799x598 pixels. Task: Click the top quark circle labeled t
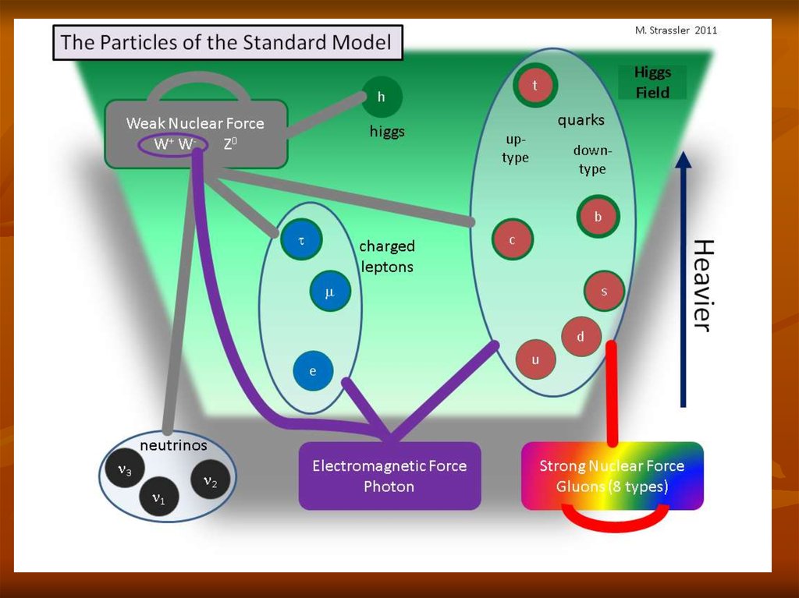coord(535,86)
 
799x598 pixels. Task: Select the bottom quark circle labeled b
coord(598,217)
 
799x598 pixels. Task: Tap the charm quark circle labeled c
coord(513,239)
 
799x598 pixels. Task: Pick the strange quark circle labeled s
coord(604,292)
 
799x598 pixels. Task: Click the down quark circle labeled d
coord(581,337)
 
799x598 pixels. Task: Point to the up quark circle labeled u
coord(535,359)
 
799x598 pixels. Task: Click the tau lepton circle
coord(301,241)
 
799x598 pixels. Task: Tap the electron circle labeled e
coord(313,371)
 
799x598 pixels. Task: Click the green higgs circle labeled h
coord(382,97)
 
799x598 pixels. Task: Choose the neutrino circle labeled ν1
coord(158,496)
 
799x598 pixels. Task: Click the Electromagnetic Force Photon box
coord(389,476)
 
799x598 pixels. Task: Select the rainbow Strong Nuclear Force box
coord(612,476)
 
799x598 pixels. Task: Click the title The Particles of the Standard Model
coord(226,42)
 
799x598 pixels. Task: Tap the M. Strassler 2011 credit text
coord(676,30)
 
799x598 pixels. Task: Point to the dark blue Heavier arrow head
coord(684,161)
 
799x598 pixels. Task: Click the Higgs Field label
coord(652,83)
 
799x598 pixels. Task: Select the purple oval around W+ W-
coord(172,144)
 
